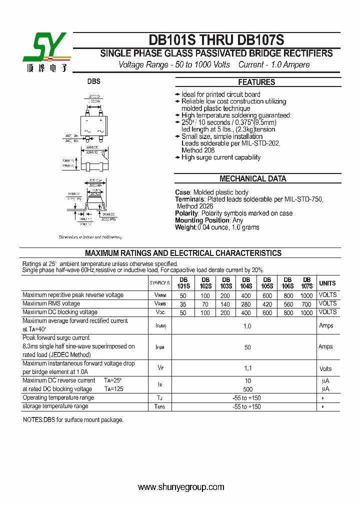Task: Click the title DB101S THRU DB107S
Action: click(216, 40)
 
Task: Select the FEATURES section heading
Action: click(256, 82)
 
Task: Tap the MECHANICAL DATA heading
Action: click(253, 178)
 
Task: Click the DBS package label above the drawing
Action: click(94, 81)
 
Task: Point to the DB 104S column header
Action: click(246, 283)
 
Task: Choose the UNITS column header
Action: click(327, 283)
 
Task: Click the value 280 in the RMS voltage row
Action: click(246, 304)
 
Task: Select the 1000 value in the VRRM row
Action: click(306, 295)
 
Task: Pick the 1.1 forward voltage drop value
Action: click(247, 368)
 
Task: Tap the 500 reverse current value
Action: click(247, 389)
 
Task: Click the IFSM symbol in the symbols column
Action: click(160, 346)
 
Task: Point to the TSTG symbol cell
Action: click(160, 407)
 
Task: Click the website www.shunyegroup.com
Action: click(181, 487)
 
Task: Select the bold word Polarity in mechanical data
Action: click(186, 213)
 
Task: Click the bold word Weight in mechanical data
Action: click(185, 227)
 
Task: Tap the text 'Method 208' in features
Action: click(198, 150)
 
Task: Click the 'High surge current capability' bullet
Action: click(220, 157)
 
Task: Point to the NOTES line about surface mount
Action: click(73, 420)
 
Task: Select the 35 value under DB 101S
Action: click(183, 304)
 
